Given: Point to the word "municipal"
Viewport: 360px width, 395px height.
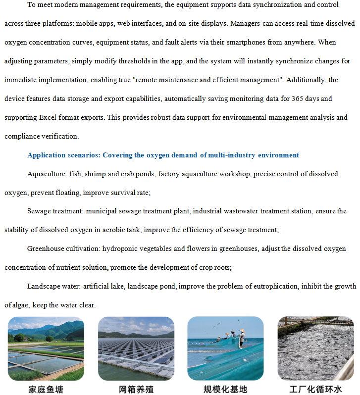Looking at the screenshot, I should [103, 211].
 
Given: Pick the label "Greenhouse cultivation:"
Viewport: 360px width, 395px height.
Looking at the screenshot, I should [65, 248].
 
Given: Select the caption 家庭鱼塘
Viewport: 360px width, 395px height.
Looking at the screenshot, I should [46, 389].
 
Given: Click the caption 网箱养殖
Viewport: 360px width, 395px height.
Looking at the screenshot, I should [136, 389].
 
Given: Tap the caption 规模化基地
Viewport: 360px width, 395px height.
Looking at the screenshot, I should [225, 389].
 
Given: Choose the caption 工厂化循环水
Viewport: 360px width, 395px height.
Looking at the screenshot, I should [315, 389].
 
